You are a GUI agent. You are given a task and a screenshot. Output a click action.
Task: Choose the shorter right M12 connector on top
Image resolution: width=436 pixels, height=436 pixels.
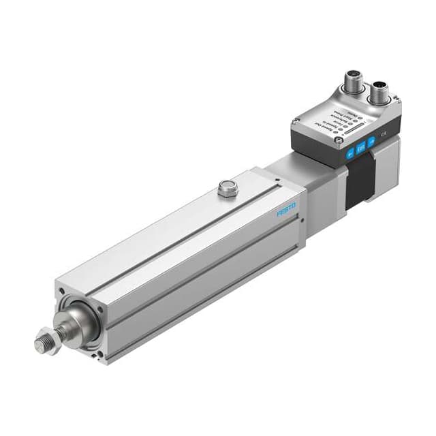coord(379,94)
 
